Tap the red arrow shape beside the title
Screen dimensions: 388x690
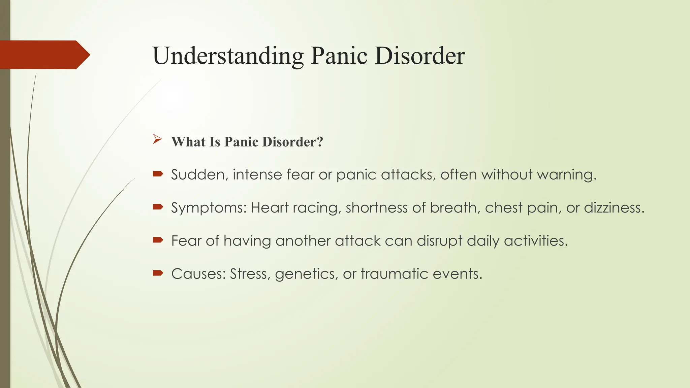point(44,55)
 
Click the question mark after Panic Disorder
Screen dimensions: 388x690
point(320,142)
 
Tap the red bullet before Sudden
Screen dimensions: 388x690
point(158,174)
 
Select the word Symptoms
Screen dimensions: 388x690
point(209,207)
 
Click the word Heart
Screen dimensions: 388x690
point(270,207)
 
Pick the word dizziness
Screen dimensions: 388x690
point(614,207)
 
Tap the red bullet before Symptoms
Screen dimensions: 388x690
point(158,207)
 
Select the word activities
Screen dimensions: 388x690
point(536,241)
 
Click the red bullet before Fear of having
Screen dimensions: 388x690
point(158,240)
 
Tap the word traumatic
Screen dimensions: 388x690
point(394,274)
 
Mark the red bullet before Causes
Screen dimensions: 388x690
point(158,273)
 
